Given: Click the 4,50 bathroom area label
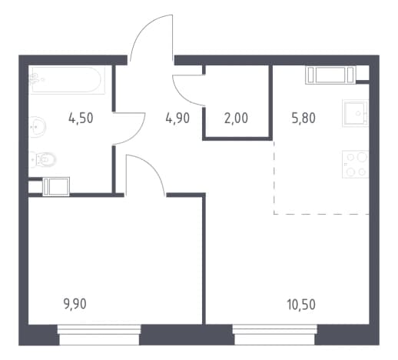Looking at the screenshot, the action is (x=81, y=118).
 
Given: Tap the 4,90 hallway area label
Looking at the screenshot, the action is (x=177, y=118).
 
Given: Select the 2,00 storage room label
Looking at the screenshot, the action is (x=236, y=118).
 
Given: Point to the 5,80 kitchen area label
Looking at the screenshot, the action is (x=303, y=118).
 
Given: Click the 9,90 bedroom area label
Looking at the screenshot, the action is (x=75, y=305).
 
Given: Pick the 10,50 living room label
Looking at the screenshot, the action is (x=301, y=305).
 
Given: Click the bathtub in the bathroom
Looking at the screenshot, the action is (x=67, y=80).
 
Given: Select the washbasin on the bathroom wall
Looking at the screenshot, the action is (x=37, y=127).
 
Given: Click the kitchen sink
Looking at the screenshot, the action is (x=355, y=113).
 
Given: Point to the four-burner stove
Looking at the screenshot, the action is (x=355, y=164).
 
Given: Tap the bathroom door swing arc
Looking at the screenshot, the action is (x=141, y=133).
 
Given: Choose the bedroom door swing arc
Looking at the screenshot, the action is (x=153, y=168).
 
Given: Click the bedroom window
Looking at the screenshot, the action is (x=99, y=335).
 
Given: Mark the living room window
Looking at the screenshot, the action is (x=274, y=335).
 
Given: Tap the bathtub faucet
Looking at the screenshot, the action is (x=35, y=79).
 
